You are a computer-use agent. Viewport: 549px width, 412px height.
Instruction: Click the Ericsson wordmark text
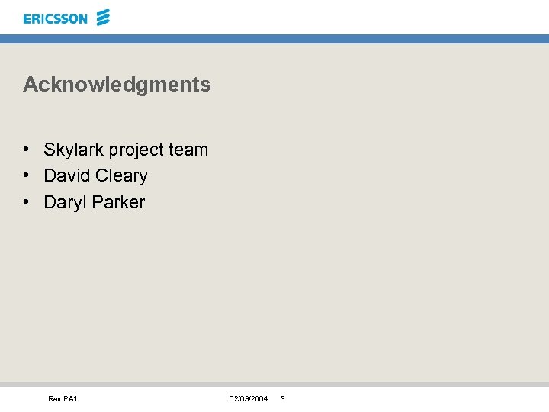55,19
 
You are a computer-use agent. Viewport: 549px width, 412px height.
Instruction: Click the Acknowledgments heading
117,85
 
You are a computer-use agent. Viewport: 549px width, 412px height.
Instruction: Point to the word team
188,150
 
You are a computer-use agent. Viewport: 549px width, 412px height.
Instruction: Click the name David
66,175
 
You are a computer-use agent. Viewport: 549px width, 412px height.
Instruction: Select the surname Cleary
120,176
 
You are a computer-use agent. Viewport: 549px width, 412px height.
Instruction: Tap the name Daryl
65,203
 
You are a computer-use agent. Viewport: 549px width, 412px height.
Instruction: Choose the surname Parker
118,202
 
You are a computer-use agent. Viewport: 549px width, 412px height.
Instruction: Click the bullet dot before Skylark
26,150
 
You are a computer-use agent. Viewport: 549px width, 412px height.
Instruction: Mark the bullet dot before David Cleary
26,175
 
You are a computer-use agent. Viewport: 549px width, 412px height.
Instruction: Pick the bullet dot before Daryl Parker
26,202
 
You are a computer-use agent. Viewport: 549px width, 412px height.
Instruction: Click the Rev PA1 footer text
63,399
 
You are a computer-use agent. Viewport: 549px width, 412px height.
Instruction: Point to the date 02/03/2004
248,399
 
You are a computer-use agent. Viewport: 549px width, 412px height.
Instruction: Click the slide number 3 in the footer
282,399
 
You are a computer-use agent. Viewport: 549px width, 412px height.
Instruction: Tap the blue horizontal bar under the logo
274,38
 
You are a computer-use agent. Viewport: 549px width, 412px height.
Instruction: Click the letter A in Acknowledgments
30,85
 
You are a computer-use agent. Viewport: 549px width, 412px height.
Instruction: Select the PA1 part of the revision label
70,399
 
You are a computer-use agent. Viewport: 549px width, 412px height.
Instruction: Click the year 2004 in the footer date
259,399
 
